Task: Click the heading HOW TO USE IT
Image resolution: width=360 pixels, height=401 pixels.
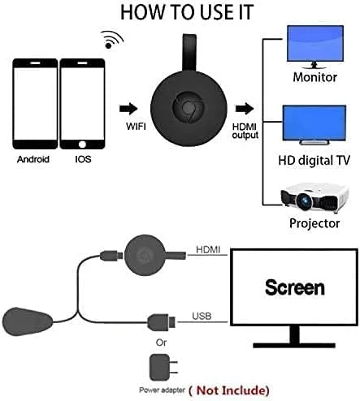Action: click(x=179, y=13)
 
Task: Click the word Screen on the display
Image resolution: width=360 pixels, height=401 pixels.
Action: click(x=293, y=287)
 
